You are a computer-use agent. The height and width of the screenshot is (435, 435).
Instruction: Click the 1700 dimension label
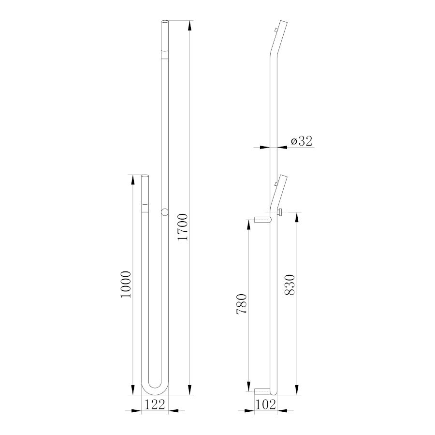click(183, 227)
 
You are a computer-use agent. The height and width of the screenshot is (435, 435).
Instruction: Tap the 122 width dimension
click(155, 404)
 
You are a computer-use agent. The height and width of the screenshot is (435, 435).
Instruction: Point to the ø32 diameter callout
click(302, 141)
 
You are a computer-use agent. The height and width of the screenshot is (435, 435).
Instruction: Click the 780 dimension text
click(241, 304)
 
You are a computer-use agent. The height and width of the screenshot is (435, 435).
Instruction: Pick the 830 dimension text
click(290, 285)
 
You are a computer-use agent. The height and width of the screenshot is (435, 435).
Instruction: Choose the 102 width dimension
click(265, 405)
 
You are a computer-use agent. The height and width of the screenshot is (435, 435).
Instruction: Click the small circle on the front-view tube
click(165, 212)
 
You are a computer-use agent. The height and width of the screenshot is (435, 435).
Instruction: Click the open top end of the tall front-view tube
click(165, 22)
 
